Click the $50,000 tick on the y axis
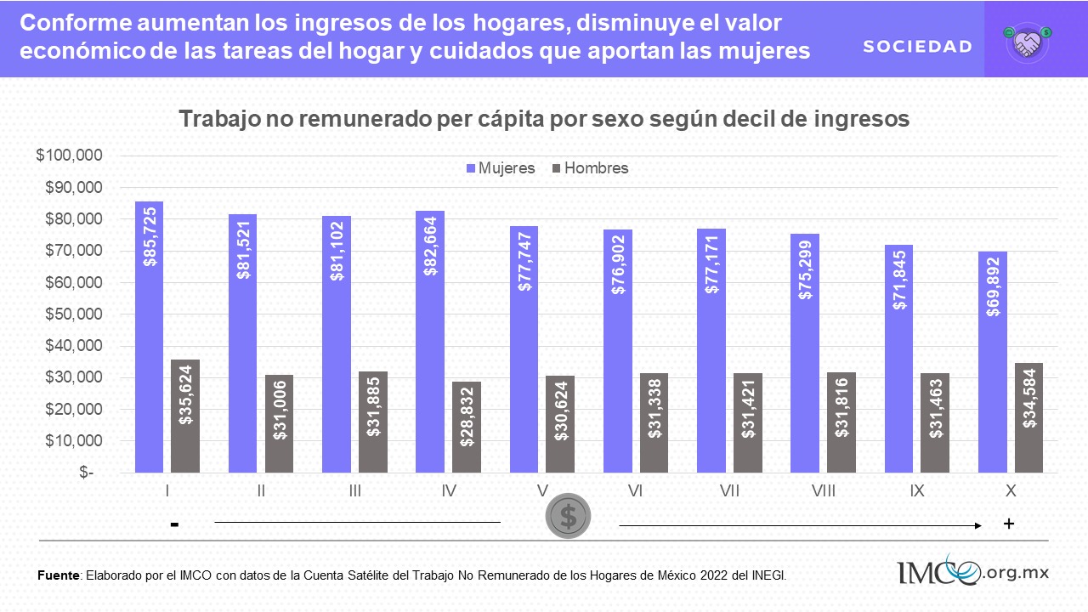coord(73,314)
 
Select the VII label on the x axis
coord(729,491)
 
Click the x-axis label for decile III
coord(354,491)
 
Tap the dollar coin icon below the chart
coord(569,516)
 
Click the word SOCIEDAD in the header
coord(917,47)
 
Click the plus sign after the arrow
coord(1009,524)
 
